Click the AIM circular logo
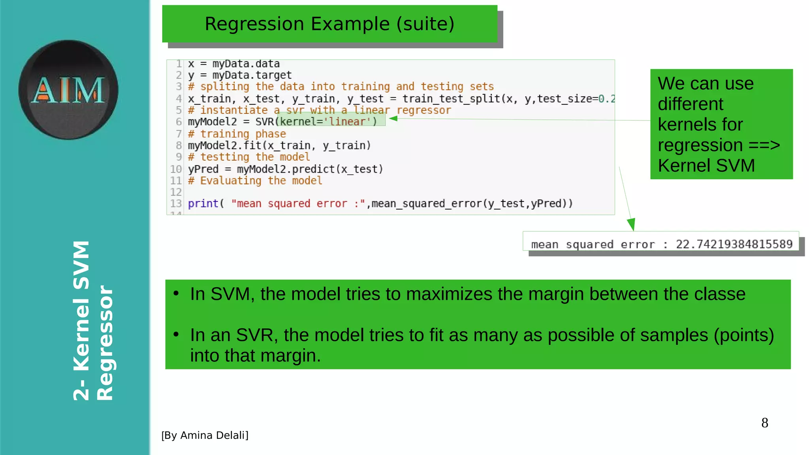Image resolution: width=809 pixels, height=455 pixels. point(68,90)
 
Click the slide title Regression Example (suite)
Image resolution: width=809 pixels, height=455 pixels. point(329,24)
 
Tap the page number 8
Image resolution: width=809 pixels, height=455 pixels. point(764,423)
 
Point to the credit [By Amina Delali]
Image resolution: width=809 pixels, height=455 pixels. point(205,435)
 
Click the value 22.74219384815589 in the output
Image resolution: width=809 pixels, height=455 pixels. point(734,244)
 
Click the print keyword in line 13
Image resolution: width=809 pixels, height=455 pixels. point(203,203)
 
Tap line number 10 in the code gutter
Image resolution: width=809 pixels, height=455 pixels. point(176,169)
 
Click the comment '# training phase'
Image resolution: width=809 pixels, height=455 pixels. point(237,134)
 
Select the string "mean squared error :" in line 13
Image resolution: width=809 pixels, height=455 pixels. point(298,203)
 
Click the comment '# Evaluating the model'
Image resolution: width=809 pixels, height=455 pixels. point(255,181)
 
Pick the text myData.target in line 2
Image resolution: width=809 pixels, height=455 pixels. point(252,75)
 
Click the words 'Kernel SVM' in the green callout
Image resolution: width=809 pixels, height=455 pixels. point(706,165)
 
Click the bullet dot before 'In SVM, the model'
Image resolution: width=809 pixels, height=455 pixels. point(176,293)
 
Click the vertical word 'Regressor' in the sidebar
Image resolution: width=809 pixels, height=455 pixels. point(105,343)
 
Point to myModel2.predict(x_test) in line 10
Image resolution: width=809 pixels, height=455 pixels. point(310,169)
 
